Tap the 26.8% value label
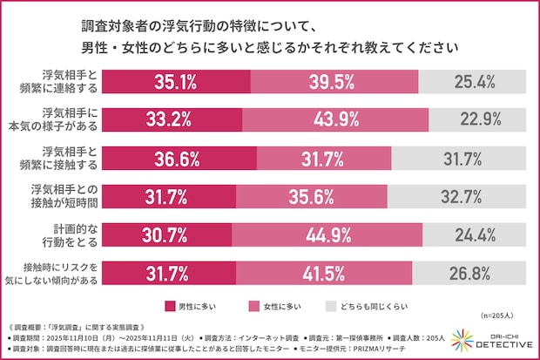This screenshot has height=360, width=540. [476, 273]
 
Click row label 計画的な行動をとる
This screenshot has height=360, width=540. [69, 234]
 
